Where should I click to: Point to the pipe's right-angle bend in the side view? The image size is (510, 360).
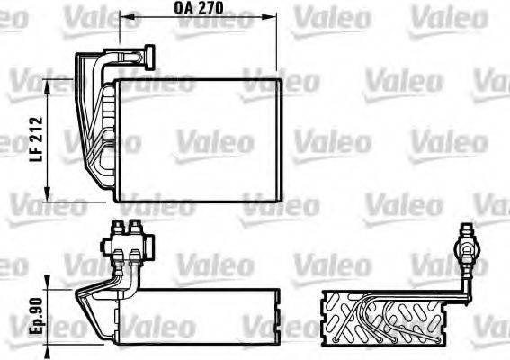click(466, 293)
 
